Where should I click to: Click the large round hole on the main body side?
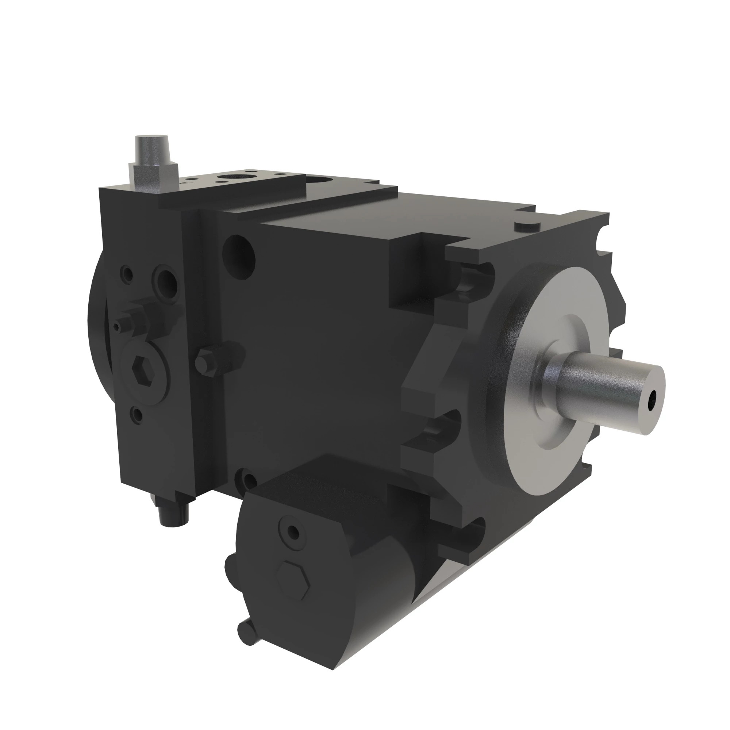pyautogui.click(x=239, y=251)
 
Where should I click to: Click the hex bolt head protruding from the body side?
pyautogui.click(x=205, y=361)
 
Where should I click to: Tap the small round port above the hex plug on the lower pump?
pyautogui.click(x=293, y=533)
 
